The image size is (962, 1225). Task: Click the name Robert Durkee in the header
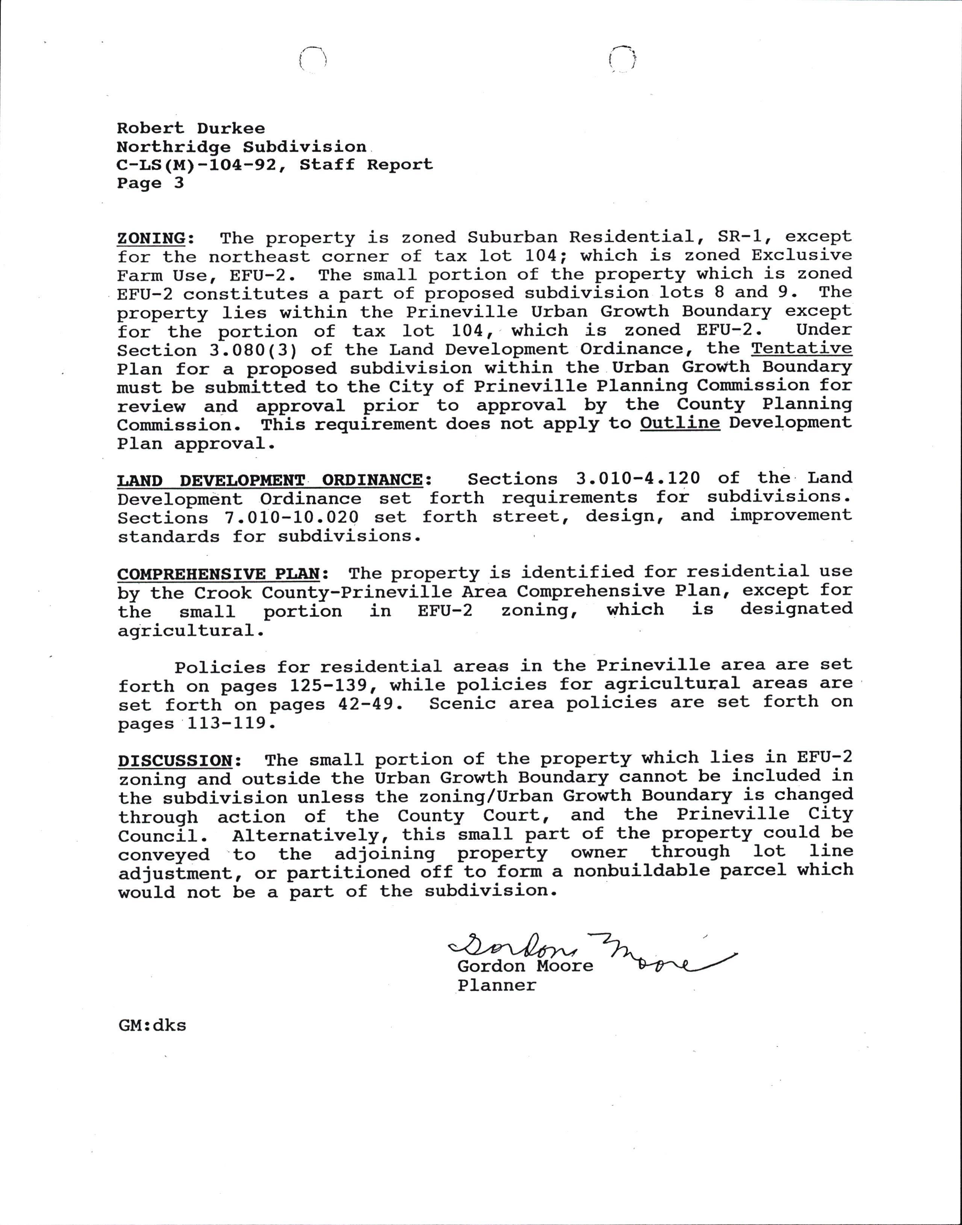click(191, 129)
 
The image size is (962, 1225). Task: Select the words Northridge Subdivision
click(241, 148)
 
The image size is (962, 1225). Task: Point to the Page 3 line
click(150, 183)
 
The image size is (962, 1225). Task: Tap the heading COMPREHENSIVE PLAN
click(219, 574)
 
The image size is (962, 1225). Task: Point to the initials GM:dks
click(152, 1025)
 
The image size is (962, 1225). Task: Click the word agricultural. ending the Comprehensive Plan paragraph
click(191, 630)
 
